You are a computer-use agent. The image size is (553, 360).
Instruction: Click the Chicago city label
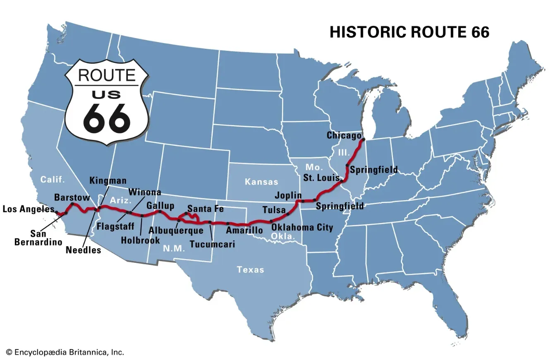[344, 135]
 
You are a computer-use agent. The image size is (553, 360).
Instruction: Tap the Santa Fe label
[205, 209]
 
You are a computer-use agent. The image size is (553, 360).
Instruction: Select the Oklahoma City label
[302, 227]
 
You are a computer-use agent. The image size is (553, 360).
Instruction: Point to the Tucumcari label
[212, 244]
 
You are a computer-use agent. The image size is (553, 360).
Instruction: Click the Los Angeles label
[28, 209]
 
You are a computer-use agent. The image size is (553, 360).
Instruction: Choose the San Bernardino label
[38, 238]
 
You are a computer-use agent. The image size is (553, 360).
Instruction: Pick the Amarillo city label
[244, 230]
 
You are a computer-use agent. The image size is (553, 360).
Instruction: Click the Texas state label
[250, 270]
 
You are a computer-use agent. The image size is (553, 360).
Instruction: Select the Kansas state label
[261, 182]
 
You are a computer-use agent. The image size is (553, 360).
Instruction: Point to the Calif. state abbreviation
[53, 180]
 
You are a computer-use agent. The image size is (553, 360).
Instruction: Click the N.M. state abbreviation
[174, 249]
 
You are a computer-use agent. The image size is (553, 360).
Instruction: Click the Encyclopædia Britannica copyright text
[65, 352]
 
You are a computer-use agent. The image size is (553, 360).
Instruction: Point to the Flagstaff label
[115, 226]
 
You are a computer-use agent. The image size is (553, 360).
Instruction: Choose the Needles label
[83, 250]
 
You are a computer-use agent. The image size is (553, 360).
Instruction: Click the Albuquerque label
[176, 230]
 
